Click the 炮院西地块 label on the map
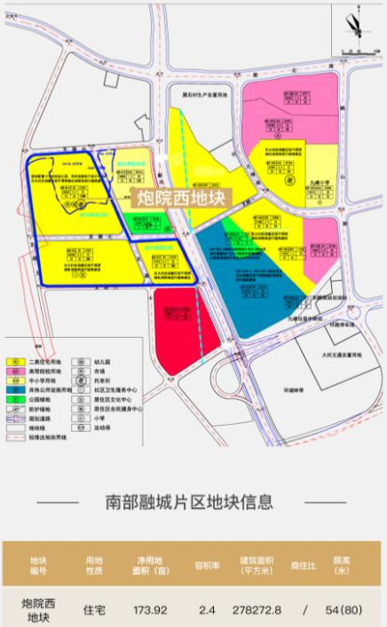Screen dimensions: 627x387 click(x=180, y=197)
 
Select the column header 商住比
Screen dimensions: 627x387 click(x=304, y=566)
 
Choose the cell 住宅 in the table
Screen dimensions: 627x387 click(x=95, y=610)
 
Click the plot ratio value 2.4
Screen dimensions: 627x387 click(x=207, y=610)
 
